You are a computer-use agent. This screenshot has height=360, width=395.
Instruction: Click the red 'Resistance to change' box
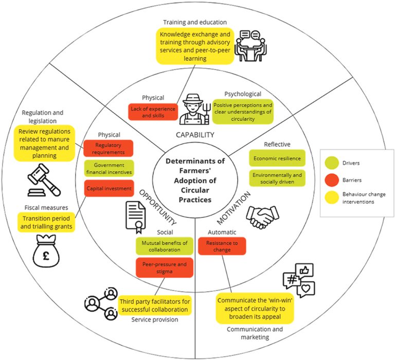click(x=222, y=245)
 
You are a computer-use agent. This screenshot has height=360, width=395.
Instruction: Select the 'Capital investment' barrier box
click(x=108, y=188)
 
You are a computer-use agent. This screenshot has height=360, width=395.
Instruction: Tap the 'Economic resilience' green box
click(x=277, y=158)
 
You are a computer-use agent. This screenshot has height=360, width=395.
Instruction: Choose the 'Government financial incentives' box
click(x=108, y=168)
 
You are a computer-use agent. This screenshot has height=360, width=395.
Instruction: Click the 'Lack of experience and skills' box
click(x=152, y=112)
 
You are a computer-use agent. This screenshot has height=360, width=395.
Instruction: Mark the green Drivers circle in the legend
click(x=332, y=164)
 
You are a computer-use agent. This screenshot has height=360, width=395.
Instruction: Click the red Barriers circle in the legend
click(x=332, y=179)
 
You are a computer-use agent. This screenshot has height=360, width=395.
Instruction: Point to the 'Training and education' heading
click(x=195, y=22)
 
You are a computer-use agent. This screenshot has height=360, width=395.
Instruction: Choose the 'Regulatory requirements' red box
click(x=108, y=149)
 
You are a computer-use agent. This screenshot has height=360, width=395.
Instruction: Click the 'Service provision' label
click(x=155, y=319)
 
